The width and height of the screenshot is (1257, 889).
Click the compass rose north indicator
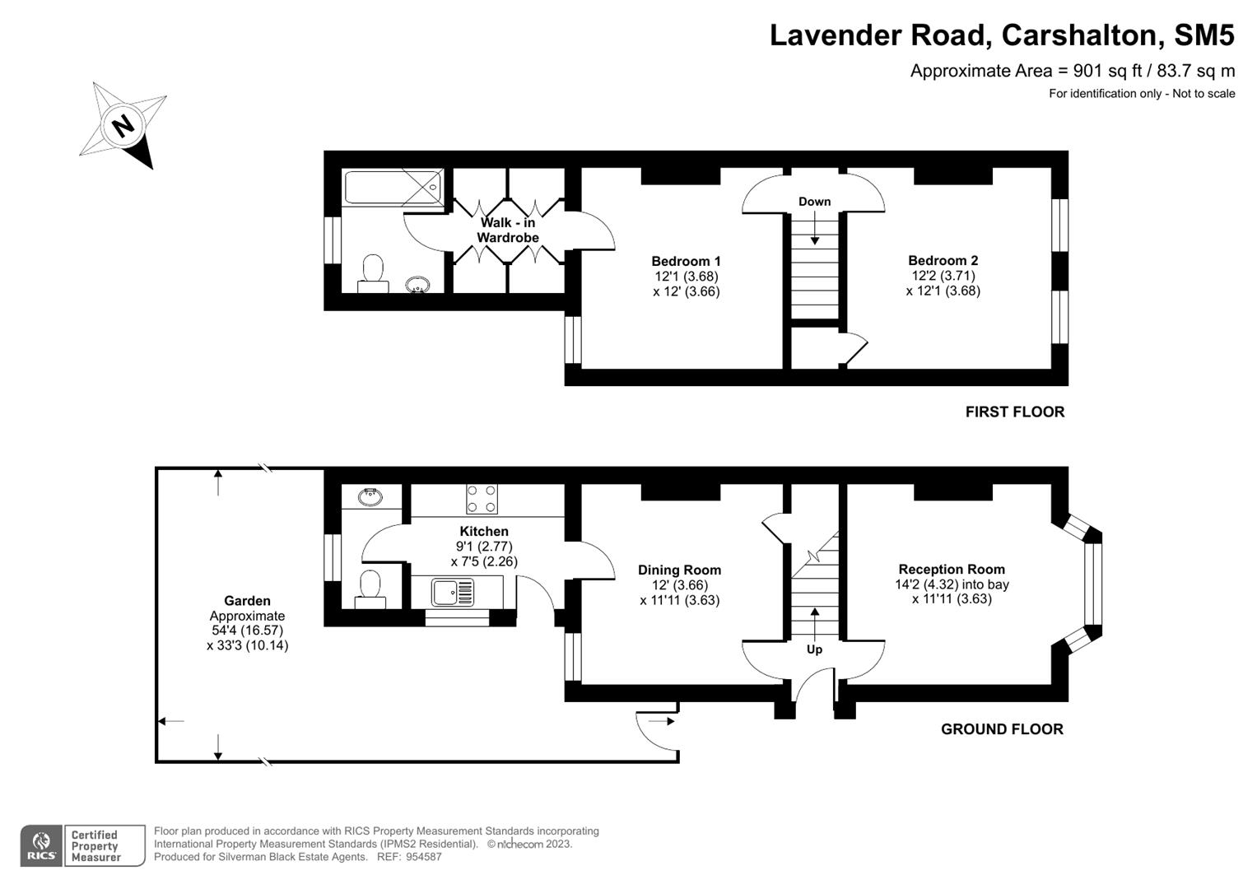[x=124, y=126]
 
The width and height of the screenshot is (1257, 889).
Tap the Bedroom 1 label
[x=686, y=261]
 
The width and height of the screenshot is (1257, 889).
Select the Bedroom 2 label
[x=943, y=261]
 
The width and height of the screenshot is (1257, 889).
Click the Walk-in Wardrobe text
[x=508, y=230]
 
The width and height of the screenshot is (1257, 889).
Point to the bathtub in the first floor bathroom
[x=393, y=188]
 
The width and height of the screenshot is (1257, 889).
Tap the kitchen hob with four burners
[x=482, y=499]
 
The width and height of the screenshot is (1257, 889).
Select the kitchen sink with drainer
[x=453, y=591]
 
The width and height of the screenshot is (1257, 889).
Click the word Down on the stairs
[x=814, y=202]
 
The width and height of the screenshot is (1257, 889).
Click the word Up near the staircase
[x=814, y=649]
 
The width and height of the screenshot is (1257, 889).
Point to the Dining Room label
[x=679, y=570]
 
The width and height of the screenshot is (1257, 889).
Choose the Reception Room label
[x=952, y=569]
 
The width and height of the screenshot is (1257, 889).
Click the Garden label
[x=247, y=601]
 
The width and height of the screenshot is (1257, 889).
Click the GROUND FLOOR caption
[x=1002, y=729]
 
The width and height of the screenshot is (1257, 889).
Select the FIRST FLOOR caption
[x=1014, y=412]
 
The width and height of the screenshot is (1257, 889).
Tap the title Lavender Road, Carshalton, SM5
[x=1002, y=35]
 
